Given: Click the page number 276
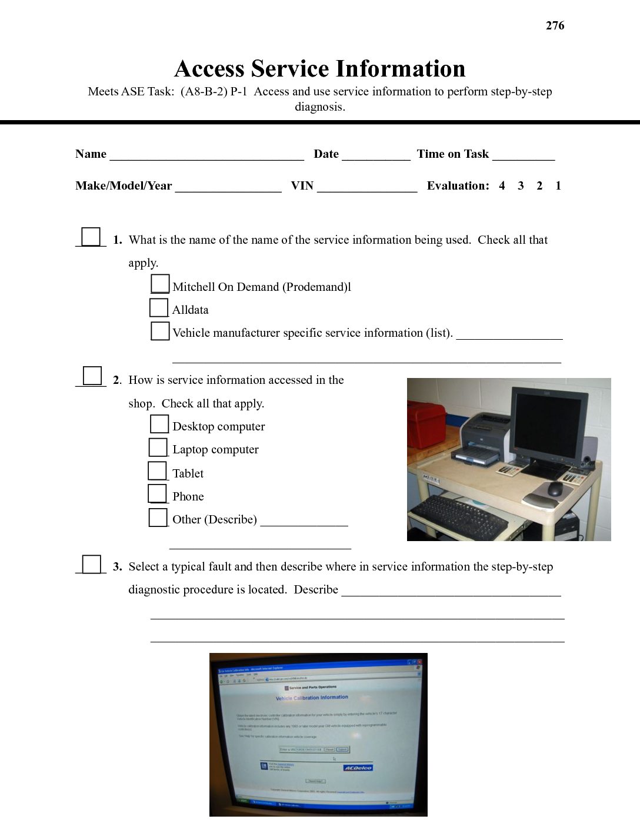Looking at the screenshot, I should [555, 25].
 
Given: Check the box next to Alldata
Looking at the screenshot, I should [159, 308].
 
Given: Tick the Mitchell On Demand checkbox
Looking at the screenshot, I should [160, 284].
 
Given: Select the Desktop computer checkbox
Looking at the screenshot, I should [159, 425].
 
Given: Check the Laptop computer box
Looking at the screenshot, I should [158, 447].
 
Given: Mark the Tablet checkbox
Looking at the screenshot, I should [157, 471].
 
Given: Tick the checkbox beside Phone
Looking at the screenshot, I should [157, 493].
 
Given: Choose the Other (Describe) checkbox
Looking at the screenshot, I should [158, 518].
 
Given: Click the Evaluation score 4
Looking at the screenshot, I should [502, 186].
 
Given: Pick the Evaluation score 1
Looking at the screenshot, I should [558, 186].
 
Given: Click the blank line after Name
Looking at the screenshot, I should [206, 155].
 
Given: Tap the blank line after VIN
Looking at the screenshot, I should [367, 187].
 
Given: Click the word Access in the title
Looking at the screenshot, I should [209, 69].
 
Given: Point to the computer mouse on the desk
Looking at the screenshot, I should [554, 489].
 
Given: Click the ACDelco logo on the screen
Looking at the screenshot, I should [358, 768].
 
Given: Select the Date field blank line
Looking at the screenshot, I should [376, 155].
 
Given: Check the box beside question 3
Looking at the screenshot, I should [91, 564].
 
